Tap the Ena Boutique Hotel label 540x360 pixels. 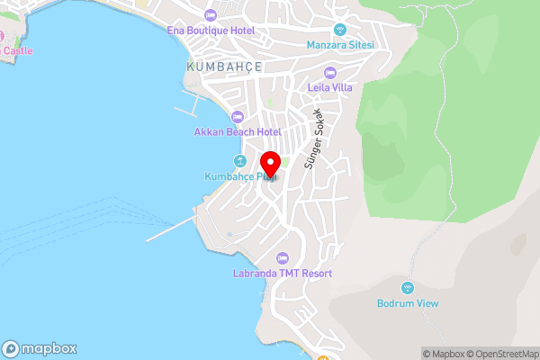tap(211, 30)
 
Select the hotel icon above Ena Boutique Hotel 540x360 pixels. tap(211, 14)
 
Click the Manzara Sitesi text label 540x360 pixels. tap(339, 44)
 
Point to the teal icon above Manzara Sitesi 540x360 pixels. tap(339, 29)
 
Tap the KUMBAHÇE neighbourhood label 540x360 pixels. tap(224, 67)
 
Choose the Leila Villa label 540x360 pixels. tap(330, 87)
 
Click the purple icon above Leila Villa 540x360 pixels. tap(330, 72)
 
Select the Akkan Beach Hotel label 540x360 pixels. tap(238, 131)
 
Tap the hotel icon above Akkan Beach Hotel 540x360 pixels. tap(238, 116)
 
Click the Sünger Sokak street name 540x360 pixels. tap(313, 139)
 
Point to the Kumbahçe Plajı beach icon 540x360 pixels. tap(239, 161)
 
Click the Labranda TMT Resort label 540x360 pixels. tap(283, 273)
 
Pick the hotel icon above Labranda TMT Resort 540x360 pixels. tap(283, 258)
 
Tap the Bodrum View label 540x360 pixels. tap(408, 303)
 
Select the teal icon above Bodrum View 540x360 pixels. tap(408, 288)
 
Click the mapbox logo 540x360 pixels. tap(39, 349)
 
